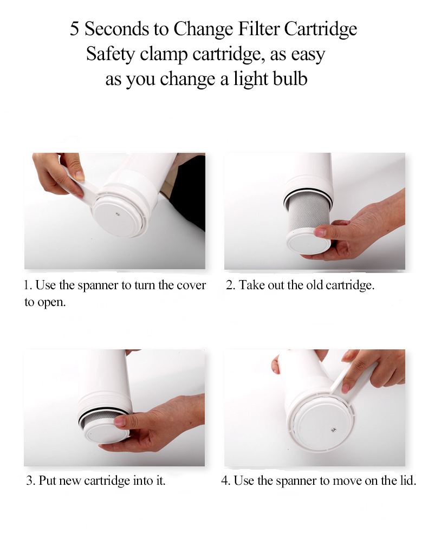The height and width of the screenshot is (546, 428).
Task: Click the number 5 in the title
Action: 74,29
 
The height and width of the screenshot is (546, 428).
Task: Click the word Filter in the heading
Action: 258,28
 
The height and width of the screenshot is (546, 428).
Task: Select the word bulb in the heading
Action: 290,79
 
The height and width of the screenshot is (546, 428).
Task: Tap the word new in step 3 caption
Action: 70,481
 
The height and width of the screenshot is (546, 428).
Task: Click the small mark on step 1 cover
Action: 118,214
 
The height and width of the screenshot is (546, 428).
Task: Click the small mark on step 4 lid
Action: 333,431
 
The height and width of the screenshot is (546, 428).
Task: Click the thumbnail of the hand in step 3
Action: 119,421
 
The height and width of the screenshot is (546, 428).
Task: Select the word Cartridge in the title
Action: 321,29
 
